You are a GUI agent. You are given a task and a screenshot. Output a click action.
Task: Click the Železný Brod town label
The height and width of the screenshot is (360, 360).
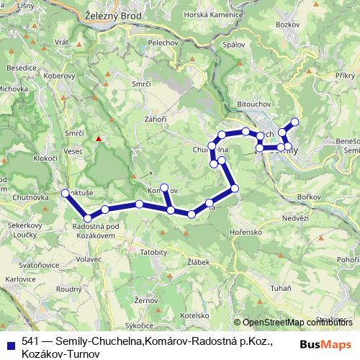coord(115,14)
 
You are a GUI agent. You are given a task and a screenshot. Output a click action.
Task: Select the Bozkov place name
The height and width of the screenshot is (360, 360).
coord(287,25)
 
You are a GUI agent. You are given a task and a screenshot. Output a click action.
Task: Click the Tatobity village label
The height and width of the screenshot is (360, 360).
coord(153,253)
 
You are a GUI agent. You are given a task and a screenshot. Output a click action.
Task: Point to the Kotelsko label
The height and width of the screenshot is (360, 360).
coord(194,315)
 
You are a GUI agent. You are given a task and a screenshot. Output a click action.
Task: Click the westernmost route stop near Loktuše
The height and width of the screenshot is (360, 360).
coord(66,193)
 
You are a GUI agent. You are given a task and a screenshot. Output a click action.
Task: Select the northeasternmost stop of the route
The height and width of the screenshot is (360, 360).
coord(294,121)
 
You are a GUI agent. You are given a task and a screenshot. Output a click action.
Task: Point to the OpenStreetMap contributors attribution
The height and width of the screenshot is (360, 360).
coord(297,323)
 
